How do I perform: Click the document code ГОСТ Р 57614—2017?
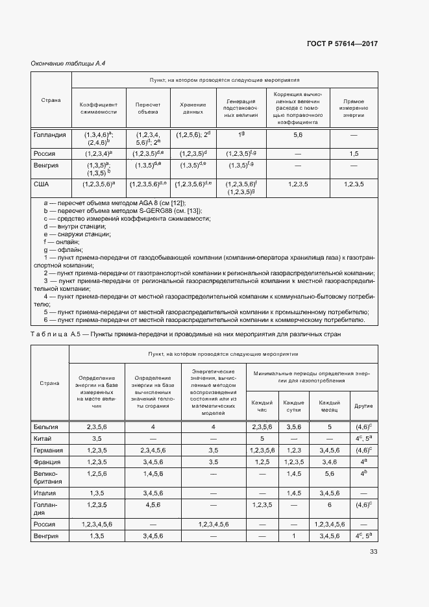[x=341, y=43]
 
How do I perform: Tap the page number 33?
[x=373, y=552]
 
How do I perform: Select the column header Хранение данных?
[x=193, y=108]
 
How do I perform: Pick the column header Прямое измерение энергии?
[x=353, y=108]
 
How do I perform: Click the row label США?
[x=42, y=184]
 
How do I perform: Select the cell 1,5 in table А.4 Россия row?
[x=353, y=154]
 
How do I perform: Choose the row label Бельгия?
[x=45, y=427]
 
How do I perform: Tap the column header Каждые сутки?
[x=293, y=406]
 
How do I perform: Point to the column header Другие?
[x=362, y=406]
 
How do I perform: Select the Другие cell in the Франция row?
[x=362, y=462]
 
